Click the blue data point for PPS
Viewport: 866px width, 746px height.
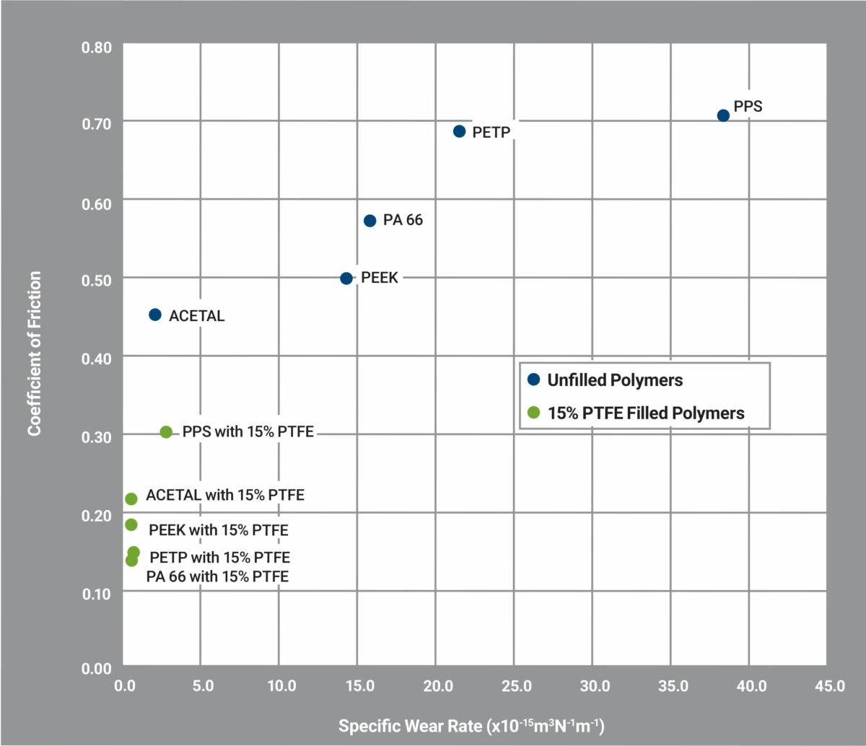point(723,115)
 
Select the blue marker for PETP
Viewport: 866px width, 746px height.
point(459,131)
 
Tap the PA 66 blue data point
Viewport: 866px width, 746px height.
point(369,221)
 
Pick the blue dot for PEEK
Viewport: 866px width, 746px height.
point(346,278)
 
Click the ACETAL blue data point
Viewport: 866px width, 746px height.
point(154,315)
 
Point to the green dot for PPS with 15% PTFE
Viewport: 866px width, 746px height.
point(166,432)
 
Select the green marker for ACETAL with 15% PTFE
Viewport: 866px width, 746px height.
point(131,499)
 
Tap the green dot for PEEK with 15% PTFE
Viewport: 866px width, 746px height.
point(131,525)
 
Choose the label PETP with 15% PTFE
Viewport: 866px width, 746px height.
point(220,558)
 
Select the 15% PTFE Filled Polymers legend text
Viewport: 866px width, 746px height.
point(646,413)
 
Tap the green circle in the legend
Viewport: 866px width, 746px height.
point(533,413)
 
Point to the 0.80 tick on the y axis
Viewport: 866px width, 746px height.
point(97,47)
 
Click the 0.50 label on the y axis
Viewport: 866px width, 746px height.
point(97,279)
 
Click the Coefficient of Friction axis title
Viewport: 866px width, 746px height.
point(34,354)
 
